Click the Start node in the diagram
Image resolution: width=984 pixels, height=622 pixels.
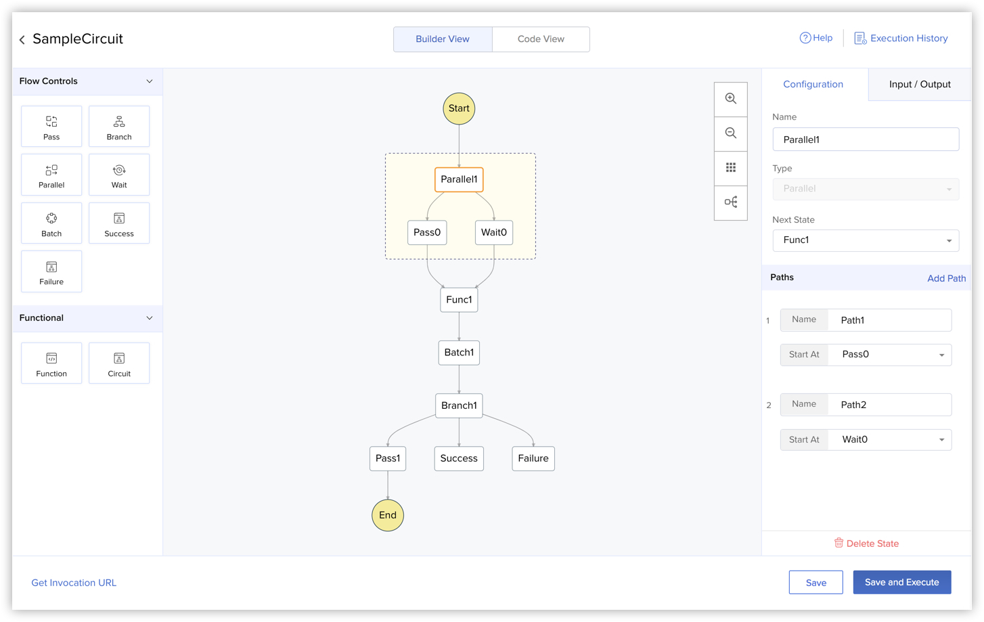[459, 108]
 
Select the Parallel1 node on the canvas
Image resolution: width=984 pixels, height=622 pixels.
[459, 179]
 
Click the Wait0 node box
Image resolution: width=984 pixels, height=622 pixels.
[494, 232]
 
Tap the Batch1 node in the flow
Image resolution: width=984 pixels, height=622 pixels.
[459, 353]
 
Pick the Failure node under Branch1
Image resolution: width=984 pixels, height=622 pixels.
[533, 458]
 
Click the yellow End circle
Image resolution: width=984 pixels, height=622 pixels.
[388, 515]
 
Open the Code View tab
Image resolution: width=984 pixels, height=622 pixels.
[541, 39]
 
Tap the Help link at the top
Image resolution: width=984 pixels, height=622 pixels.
[815, 38]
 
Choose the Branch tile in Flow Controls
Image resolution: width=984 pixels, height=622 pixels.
[119, 127]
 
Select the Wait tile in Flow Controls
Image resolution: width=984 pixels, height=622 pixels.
[119, 175]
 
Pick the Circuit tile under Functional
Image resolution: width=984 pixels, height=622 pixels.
[119, 363]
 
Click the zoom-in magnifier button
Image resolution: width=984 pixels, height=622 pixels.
[730, 99]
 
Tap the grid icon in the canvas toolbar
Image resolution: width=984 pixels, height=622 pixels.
[730, 168]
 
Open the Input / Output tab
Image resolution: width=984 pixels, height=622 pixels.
[920, 85]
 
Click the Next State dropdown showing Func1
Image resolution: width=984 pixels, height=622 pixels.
[866, 240]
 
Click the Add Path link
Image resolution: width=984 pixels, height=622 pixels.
[946, 278]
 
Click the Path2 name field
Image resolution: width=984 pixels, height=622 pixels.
[889, 405]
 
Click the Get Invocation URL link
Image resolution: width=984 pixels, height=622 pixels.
[74, 583]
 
